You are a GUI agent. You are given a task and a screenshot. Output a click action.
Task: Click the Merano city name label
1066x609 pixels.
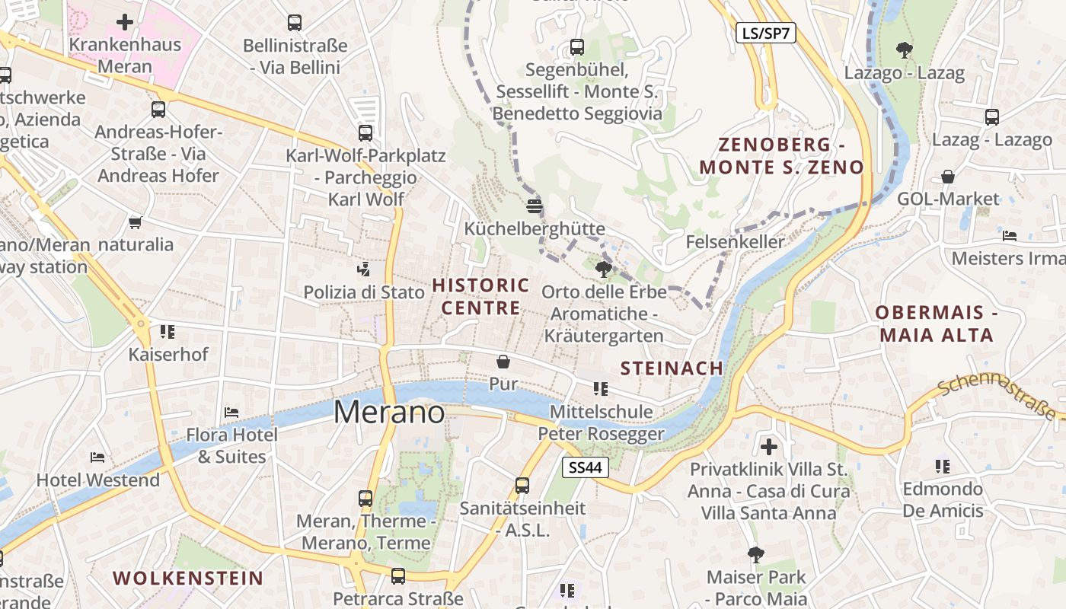(389, 412)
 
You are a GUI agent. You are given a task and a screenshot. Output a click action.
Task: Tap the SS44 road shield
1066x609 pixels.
(586, 467)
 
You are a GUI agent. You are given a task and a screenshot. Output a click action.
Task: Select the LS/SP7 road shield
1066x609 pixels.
(765, 33)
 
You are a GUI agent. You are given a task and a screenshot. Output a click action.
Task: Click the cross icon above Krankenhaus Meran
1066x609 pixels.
(126, 22)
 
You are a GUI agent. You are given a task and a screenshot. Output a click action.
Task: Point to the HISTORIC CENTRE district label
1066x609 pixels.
(481, 297)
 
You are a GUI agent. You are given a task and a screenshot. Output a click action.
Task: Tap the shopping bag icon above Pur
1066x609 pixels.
(503, 361)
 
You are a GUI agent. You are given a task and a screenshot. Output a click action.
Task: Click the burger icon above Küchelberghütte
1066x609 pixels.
(535, 206)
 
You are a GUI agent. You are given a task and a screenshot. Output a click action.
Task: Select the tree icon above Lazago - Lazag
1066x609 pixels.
(904, 50)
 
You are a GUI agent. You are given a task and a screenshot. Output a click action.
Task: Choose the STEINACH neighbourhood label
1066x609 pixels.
(672, 368)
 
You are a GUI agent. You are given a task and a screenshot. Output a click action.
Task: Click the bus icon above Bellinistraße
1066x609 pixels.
(295, 23)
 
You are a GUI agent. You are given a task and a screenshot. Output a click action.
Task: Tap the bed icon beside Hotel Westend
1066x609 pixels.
(97, 458)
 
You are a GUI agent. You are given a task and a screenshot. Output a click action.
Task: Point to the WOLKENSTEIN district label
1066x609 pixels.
(188, 578)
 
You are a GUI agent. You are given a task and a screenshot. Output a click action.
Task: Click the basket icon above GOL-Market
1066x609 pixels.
(948, 177)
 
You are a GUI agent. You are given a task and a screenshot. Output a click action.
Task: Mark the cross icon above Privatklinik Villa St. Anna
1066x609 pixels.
(769, 446)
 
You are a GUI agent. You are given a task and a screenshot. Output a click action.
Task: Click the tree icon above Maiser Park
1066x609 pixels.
(755, 554)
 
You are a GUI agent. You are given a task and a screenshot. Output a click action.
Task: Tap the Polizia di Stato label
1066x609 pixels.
(364, 292)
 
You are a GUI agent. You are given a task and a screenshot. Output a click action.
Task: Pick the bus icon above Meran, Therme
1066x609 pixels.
(365, 499)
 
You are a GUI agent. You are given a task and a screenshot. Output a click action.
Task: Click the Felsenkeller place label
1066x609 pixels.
(735, 242)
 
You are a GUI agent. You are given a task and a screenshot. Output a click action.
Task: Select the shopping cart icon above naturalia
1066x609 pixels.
(135, 222)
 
